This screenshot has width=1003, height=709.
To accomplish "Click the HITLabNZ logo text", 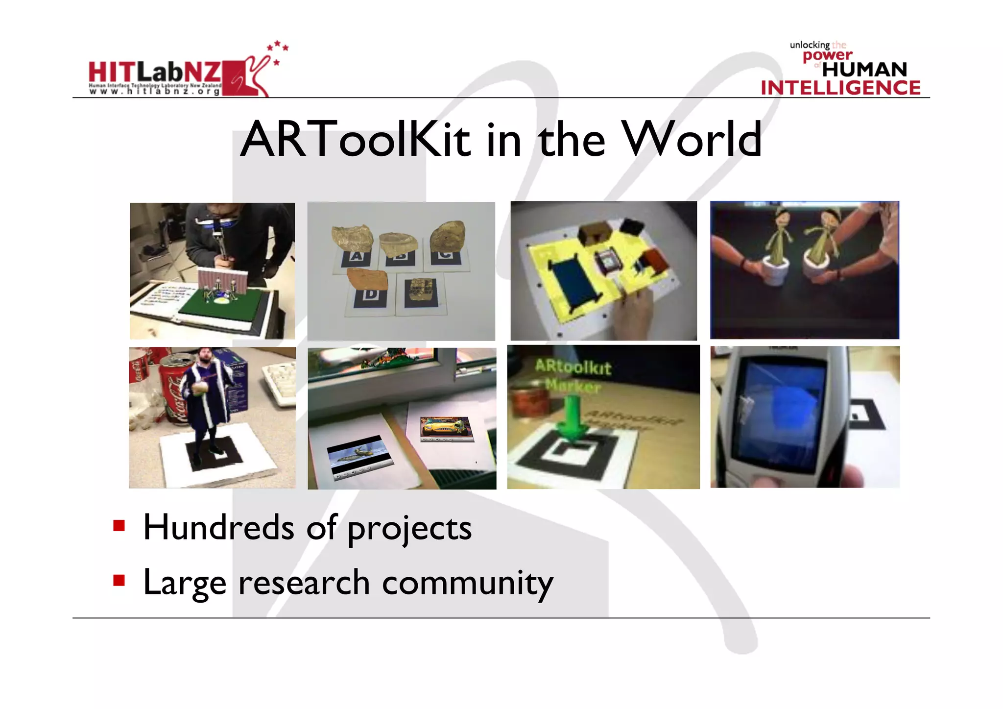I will click(155, 73).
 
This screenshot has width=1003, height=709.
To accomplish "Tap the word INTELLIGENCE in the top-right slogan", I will click(840, 88).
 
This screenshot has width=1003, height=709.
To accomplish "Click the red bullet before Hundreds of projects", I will click(119, 526).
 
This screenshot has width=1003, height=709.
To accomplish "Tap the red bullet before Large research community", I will click(119, 581).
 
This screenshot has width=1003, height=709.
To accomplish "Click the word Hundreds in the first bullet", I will click(218, 528).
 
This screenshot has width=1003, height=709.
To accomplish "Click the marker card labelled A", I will click(356, 257).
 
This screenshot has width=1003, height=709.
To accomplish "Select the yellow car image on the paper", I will click(446, 426).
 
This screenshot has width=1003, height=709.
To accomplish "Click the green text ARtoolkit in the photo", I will click(573, 367).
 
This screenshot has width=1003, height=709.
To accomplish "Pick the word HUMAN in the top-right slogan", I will click(864, 70).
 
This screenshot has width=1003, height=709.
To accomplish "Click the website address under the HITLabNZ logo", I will click(155, 91).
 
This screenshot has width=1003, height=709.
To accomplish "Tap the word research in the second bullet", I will click(304, 583).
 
